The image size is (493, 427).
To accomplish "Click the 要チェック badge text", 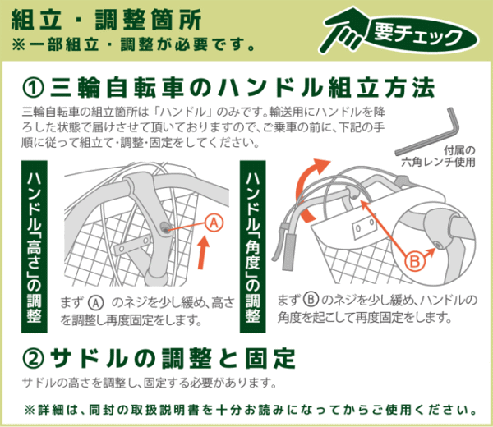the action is coord(418,34).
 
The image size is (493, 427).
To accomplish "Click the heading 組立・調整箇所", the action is coord(106,20).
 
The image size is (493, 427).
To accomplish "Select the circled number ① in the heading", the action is coord(33,89).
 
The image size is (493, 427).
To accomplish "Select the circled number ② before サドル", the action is coord(33,359).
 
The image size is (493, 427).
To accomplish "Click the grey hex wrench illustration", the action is coord(428,132).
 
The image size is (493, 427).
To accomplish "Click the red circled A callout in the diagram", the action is coord(214,223).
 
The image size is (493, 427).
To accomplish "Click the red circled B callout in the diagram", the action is coord(415,261).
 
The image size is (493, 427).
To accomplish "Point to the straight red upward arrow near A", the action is coord(204,253).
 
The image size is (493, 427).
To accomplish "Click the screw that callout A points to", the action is coord(164,227).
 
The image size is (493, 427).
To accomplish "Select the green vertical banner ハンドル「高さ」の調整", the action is coord(34,246).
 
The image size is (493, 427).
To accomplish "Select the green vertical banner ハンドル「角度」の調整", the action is coord(252,246).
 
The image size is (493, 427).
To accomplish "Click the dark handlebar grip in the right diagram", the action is coord(288,252).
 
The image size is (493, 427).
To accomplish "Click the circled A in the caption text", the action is coord(95,303).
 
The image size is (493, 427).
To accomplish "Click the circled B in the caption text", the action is coord(311,299).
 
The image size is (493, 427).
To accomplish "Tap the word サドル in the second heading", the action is coord(89,359).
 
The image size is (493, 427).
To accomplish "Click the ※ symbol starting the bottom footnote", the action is coord(30,410).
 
